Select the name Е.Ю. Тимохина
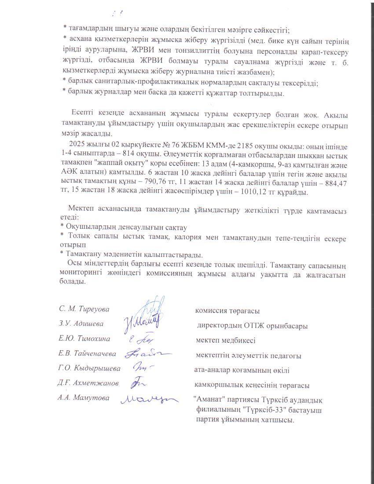point(84,339)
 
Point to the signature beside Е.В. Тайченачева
point(147,354)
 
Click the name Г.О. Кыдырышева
point(90,369)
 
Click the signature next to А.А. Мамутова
point(150,400)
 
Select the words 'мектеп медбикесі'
point(226,340)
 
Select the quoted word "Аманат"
point(208,400)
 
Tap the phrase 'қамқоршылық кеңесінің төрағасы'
point(252,385)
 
